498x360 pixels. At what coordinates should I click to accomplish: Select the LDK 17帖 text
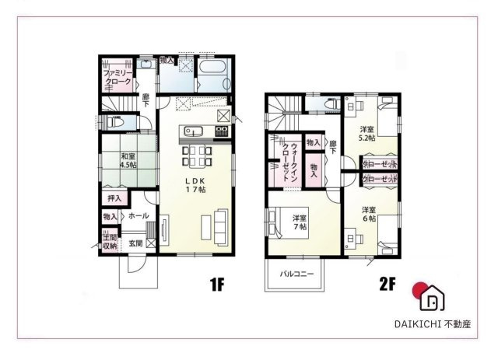pyautogui.click(x=194, y=184)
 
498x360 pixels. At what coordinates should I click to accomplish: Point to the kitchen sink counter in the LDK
pyautogui.click(x=194, y=131)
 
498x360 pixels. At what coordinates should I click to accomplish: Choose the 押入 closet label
pyautogui.click(x=114, y=199)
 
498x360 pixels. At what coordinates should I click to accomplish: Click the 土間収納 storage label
pyautogui.click(x=110, y=241)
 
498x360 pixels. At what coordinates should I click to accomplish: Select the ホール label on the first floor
pyautogui.click(x=139, y=216)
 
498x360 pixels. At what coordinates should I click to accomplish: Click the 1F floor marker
pyautogui.click(x=217, y=285)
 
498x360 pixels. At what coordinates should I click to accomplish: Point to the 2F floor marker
pyautogui.click(x=387, y=285)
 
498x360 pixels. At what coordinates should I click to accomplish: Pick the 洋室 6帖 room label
pyautogui.click(x=368, y=215)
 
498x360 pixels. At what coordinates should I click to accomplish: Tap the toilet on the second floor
pyautogui.click(x=327, y=105)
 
